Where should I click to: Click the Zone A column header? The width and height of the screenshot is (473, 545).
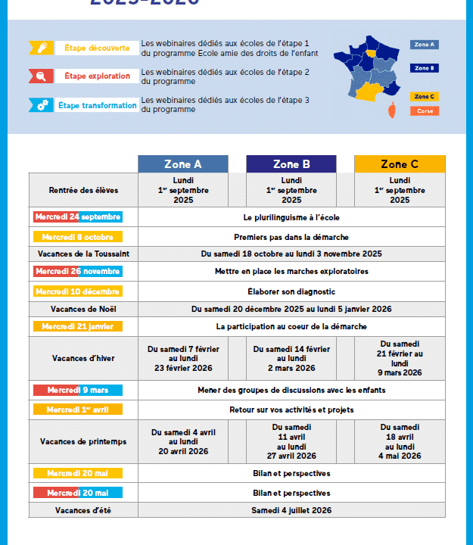182,164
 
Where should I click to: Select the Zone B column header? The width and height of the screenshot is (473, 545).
291,164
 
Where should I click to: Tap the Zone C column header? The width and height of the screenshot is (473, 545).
400,164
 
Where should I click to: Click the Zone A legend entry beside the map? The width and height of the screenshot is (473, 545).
424,45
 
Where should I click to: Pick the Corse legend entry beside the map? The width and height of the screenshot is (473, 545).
424,111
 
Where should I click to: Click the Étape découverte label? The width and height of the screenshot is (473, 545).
97,48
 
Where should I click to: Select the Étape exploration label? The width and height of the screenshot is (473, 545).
97,76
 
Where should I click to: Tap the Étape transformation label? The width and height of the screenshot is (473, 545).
98,105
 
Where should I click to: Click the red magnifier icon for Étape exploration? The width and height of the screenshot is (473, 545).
42,76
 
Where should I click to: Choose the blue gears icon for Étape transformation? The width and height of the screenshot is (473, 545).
42,105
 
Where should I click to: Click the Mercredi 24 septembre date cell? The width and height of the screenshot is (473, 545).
77,217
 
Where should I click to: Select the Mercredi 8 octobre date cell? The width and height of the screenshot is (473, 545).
77,237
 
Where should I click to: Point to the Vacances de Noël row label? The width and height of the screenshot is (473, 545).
83,309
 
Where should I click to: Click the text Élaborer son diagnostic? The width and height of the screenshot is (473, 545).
291,291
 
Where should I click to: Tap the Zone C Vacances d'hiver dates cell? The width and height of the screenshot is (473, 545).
400,358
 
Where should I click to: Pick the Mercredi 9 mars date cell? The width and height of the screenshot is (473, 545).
77,391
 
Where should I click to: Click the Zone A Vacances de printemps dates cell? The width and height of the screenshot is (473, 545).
182,441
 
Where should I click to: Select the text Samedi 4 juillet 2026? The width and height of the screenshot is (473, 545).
291,510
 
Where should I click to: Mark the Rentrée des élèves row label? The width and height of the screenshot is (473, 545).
83,190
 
